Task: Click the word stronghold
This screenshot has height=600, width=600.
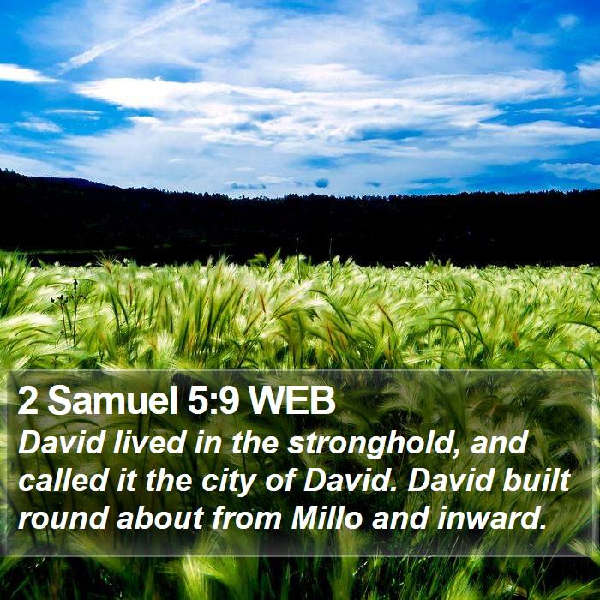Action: [x=371, y=444]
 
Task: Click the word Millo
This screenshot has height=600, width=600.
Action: [x=327, y=518]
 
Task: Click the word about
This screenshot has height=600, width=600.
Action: [x=159, y=518]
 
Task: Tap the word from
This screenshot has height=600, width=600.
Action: [x=247, y=518]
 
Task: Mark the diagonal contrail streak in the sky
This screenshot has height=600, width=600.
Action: [x=134, y=35]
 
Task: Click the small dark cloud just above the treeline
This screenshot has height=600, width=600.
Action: [x=321, y=183]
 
